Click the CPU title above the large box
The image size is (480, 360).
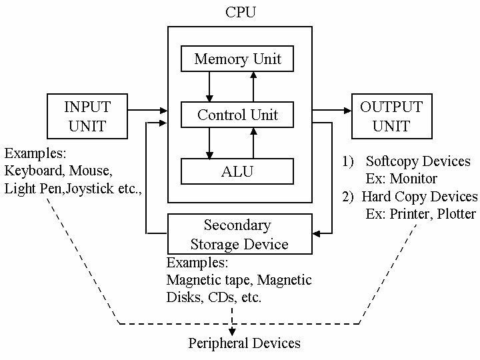(239, 11)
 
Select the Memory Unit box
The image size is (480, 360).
(237, 59)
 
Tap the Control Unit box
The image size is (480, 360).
(237, 115)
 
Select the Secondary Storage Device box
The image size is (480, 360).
(239, 233)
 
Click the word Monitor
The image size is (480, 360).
(415, 179)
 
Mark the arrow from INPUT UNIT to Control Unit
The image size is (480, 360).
(147, 109)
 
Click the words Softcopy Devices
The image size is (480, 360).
(419, 162)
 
